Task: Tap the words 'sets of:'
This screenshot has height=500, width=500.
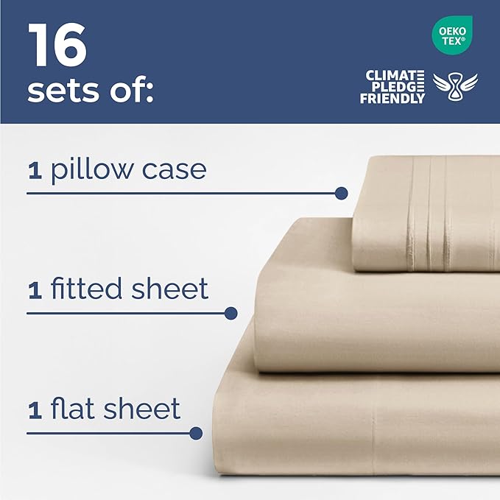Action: [x=90, y=91]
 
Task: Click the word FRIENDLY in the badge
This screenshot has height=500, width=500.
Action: [x=392, y=98]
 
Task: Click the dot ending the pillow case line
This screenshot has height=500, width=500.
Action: [x=340, y=194]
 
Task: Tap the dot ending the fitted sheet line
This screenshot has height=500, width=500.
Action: [x=230, y=313]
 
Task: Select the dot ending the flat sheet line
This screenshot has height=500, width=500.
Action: [x=195, y=433]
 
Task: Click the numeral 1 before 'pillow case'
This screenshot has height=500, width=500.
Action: [x=34, y=172]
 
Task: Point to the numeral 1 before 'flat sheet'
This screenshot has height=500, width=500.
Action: [x=34, y=410]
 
